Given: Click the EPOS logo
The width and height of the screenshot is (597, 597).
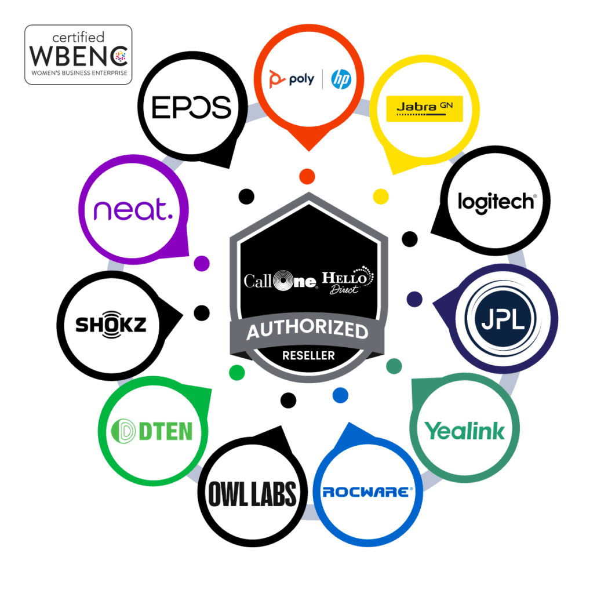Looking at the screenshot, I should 191,107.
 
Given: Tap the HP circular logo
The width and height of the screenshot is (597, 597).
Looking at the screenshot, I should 341,79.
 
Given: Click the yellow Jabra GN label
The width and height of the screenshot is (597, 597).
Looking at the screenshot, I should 425,108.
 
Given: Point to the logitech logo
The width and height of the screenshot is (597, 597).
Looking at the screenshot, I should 496,202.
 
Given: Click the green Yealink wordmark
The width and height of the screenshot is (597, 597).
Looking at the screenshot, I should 464,430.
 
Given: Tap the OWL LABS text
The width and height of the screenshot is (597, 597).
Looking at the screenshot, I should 254,493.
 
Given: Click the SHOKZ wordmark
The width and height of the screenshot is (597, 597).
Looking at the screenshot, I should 111,324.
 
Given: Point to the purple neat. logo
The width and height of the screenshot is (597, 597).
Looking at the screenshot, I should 133,209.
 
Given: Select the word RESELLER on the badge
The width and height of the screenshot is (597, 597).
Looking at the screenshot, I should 308,355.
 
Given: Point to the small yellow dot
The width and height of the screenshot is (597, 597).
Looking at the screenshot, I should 380,196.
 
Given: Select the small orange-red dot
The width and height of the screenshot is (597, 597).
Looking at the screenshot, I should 307,176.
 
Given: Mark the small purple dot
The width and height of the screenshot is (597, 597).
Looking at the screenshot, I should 201,263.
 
